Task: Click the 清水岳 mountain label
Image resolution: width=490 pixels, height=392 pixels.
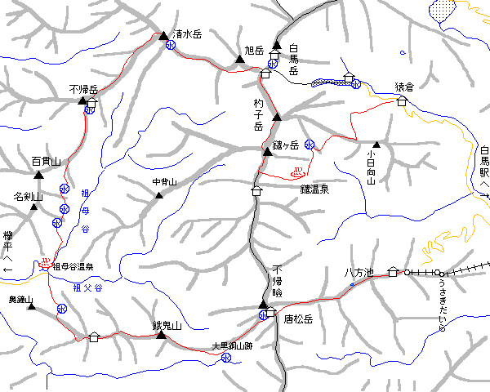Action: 186,34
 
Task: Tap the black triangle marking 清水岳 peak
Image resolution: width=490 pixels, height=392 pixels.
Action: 163,35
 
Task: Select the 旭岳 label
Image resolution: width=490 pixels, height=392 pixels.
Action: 254,51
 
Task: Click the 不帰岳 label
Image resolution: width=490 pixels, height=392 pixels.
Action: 83,89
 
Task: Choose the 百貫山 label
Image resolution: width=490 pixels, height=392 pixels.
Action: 47,162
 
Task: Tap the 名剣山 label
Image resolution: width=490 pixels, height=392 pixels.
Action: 28,197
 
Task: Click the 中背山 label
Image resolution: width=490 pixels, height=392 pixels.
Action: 165,182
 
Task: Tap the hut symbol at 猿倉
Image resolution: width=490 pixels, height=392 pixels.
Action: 401,100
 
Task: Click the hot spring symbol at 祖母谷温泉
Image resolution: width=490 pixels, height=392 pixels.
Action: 44,264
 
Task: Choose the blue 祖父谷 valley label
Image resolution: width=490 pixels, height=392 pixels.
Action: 89,287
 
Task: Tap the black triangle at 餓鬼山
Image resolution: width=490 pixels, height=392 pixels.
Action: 162,334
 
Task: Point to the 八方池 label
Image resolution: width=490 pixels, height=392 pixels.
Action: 358,273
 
